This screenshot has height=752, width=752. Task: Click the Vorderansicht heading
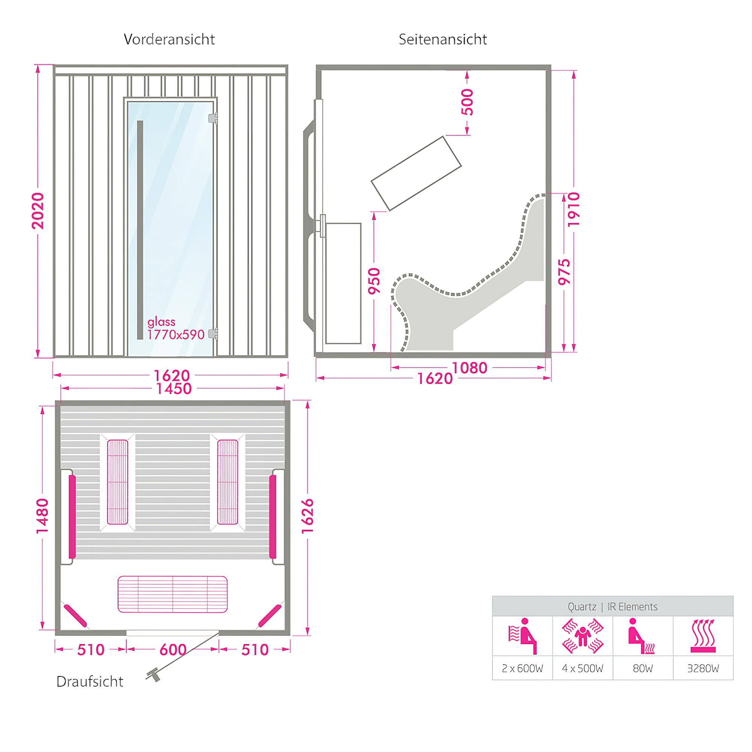169,39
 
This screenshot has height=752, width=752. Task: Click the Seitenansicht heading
443,39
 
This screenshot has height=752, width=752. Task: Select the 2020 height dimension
38,211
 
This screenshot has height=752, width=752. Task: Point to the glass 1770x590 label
176,328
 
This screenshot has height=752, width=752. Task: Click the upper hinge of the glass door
213,118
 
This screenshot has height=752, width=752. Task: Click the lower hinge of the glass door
213,333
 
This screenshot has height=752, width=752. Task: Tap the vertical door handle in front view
140,230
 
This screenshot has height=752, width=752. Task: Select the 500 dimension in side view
467,102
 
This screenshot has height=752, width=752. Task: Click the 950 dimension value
374,281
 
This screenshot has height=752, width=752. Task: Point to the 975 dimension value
564,272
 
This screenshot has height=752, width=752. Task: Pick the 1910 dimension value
574,209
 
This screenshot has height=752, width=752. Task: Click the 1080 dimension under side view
469,368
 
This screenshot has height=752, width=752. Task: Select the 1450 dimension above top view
174,388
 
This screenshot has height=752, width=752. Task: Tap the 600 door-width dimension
173,650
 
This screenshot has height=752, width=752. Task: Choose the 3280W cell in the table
703,668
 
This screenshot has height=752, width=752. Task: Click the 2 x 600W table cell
522,668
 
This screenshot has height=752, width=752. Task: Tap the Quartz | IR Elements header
613,607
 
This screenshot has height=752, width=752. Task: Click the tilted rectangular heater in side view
416,174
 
